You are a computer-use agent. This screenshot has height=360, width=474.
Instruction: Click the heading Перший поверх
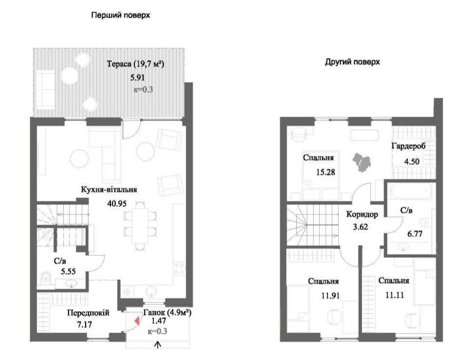click(x=121, y=16)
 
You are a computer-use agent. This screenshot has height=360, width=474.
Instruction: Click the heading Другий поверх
click(x=352, y=62)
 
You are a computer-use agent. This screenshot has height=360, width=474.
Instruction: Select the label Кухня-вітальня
click(x=109, y=190)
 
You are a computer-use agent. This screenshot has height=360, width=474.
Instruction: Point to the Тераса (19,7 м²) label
click(x=135, y=64)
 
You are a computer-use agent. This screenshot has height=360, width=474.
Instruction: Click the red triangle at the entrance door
click(x=137, y=321)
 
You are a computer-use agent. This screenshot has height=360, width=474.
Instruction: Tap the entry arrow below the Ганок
click(x=158, y=345)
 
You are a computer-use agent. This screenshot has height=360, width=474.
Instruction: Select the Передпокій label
click(x=88, y=313)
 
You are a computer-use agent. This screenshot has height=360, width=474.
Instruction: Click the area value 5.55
click(x=68, y=271)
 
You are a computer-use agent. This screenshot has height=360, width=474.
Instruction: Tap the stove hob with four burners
click(x=179, y=269)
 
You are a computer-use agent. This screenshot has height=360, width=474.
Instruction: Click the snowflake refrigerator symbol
click(x=127, y=292)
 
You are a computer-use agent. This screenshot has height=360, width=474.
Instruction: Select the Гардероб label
click(x=408, y=146)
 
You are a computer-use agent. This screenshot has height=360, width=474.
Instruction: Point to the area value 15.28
click(x=326, y=172)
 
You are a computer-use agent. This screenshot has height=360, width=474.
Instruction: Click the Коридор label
click(x=362, y=215)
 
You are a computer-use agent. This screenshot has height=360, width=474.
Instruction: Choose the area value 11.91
click(x=330, y=295)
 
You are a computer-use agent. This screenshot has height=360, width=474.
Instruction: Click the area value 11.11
click(x=395, y=295)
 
